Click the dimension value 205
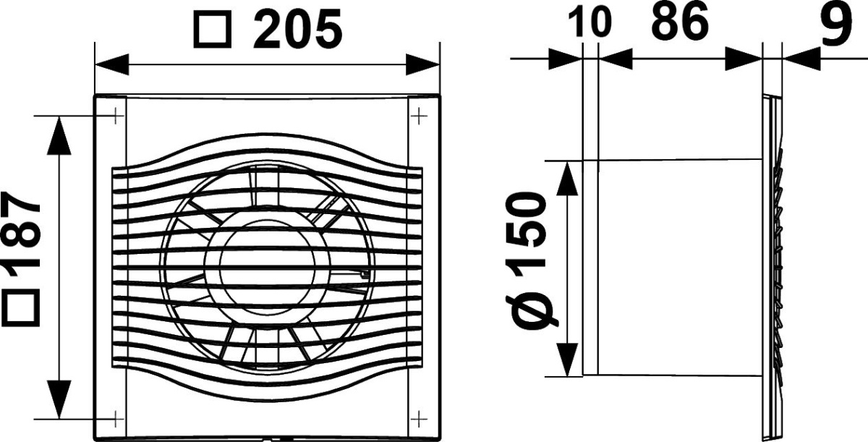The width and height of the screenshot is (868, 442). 297,29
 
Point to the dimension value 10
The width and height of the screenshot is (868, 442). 590,22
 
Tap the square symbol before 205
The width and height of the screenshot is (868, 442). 213,30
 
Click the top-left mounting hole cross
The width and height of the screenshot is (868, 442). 116,116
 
